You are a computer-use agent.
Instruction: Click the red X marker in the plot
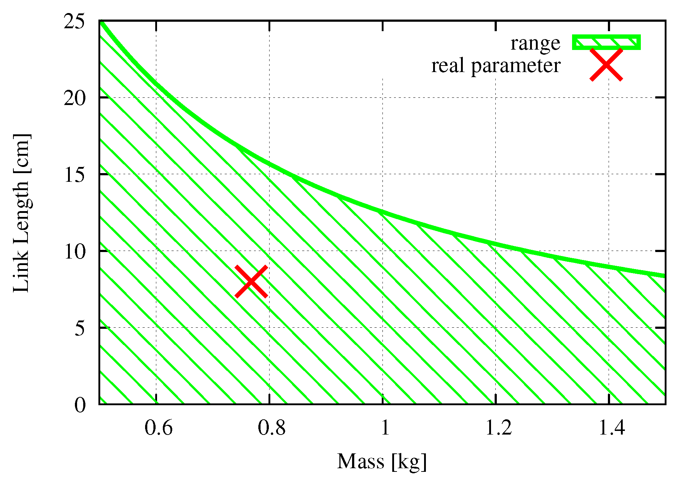[251, 281]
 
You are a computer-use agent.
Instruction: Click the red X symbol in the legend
[606, 65]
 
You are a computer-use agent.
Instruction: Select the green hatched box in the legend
[606, 42]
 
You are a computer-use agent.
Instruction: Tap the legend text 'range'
[535, 43]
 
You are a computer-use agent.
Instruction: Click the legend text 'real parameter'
[496, 66]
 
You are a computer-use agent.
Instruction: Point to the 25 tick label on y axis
[75, 22]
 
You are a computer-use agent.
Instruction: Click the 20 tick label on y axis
[75, 98]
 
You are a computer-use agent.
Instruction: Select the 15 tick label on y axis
[75, 175]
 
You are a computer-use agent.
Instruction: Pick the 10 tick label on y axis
[75, 251]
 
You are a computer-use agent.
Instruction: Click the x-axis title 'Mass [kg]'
[382, 462]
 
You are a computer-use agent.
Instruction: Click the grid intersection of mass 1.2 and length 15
[496, 174]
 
